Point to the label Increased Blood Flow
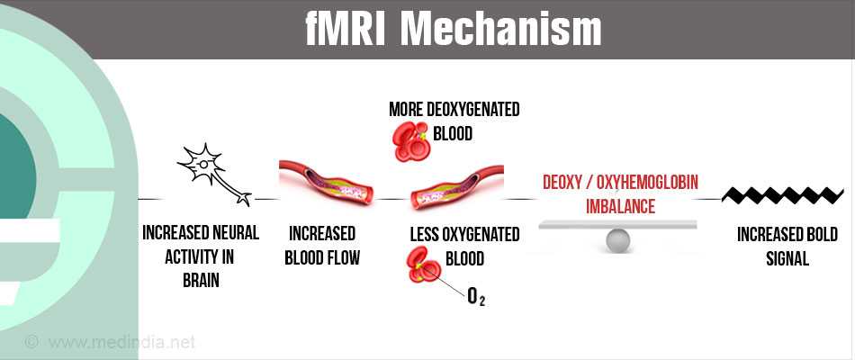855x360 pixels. (322, 246)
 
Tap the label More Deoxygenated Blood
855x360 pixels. (454, 121)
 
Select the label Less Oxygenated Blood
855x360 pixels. (464, 246)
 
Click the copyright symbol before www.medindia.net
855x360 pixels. (32, 342)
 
